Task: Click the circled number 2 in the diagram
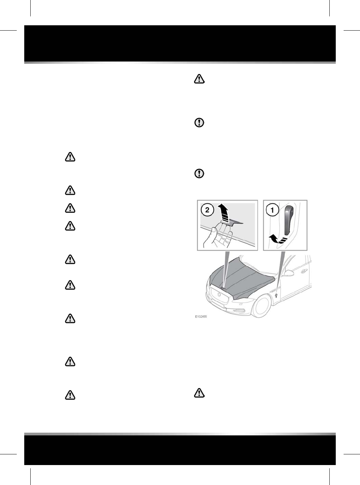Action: (207, 210)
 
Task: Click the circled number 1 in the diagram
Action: (273, 210)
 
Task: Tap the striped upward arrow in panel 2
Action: (223, 214)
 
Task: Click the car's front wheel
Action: (262, 306)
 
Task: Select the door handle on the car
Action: (304, 271)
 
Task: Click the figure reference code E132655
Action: (201, 317)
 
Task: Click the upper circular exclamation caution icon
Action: (199, 123)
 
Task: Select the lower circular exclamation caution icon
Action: (199, 174)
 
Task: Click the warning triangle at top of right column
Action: (199, 79)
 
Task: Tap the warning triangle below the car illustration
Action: (199, 393)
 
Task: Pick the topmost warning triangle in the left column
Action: (70, 157)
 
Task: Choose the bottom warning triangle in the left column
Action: (70, 395)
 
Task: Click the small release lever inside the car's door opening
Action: (276, 295)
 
